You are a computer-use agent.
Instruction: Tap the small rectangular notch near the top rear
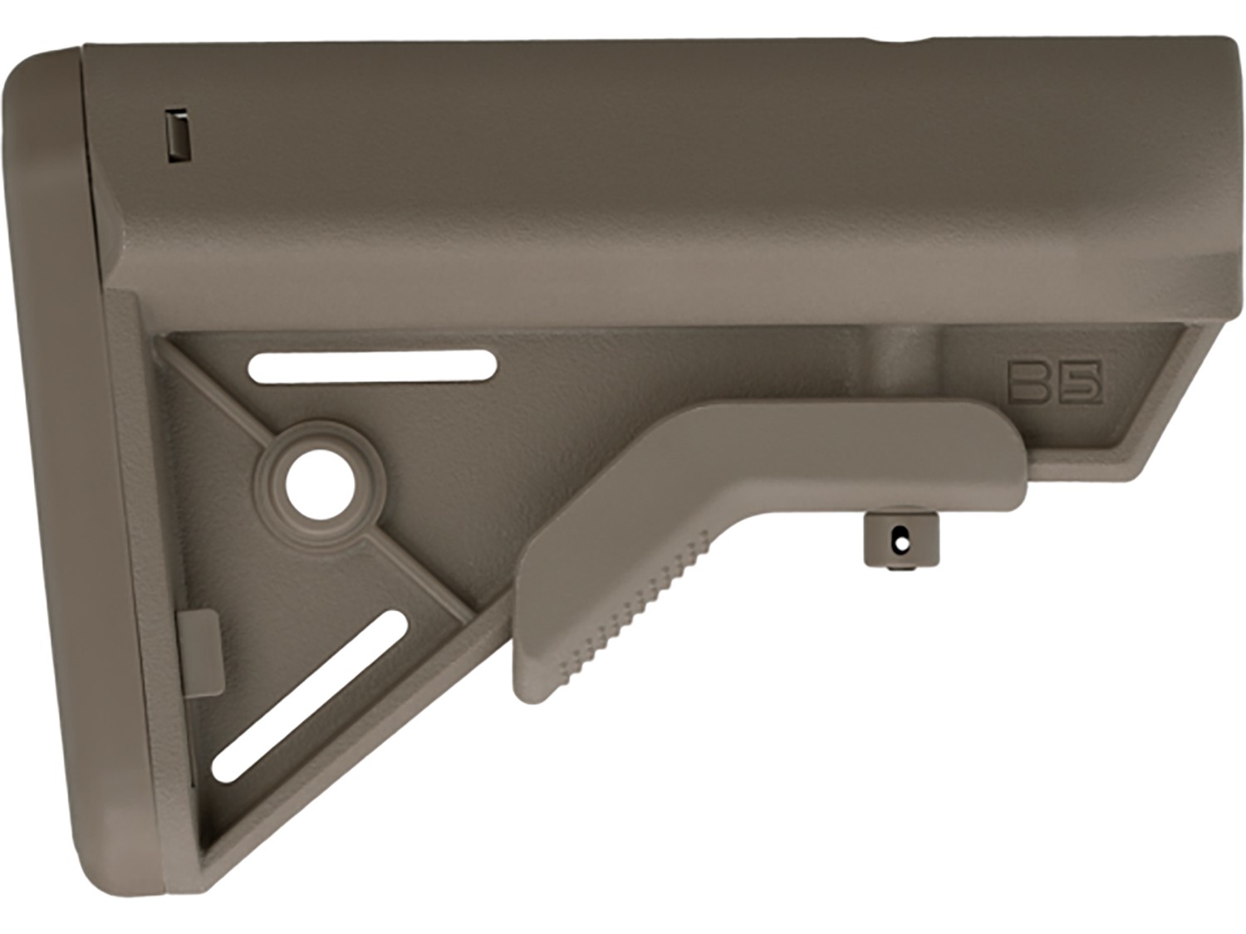tap(178, 135)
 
